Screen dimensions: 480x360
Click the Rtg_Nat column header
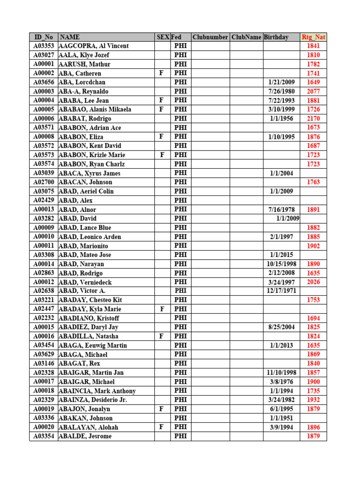tap(313, 37)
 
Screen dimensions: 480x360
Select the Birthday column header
tap(276, 37)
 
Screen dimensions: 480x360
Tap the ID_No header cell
tap(44, 37)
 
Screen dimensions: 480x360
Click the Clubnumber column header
tap(210, 37)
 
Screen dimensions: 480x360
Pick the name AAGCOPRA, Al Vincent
tap(94, 46)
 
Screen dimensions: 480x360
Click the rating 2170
tap(313, 119)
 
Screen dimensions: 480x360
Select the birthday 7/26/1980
tap(281, 91)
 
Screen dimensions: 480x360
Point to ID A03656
tap(44, 82)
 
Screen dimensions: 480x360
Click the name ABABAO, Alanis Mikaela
tap(95, 110)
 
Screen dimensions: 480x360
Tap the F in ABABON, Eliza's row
tap(161, 137)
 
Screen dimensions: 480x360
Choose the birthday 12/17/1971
tap(281, 291)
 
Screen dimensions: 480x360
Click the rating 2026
tap(313, 282)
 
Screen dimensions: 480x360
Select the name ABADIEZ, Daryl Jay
tap(89, 327)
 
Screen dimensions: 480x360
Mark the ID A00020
tap(44, 427)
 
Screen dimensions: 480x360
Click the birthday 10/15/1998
tap(281, 264)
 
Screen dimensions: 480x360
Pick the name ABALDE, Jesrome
tap(86, 436)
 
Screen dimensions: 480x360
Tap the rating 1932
tap(313, 400)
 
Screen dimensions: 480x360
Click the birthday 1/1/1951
tap(281, 418)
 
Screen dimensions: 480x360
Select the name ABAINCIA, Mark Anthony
tap(97, 391)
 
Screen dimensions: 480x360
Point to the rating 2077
tap(313, 91)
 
